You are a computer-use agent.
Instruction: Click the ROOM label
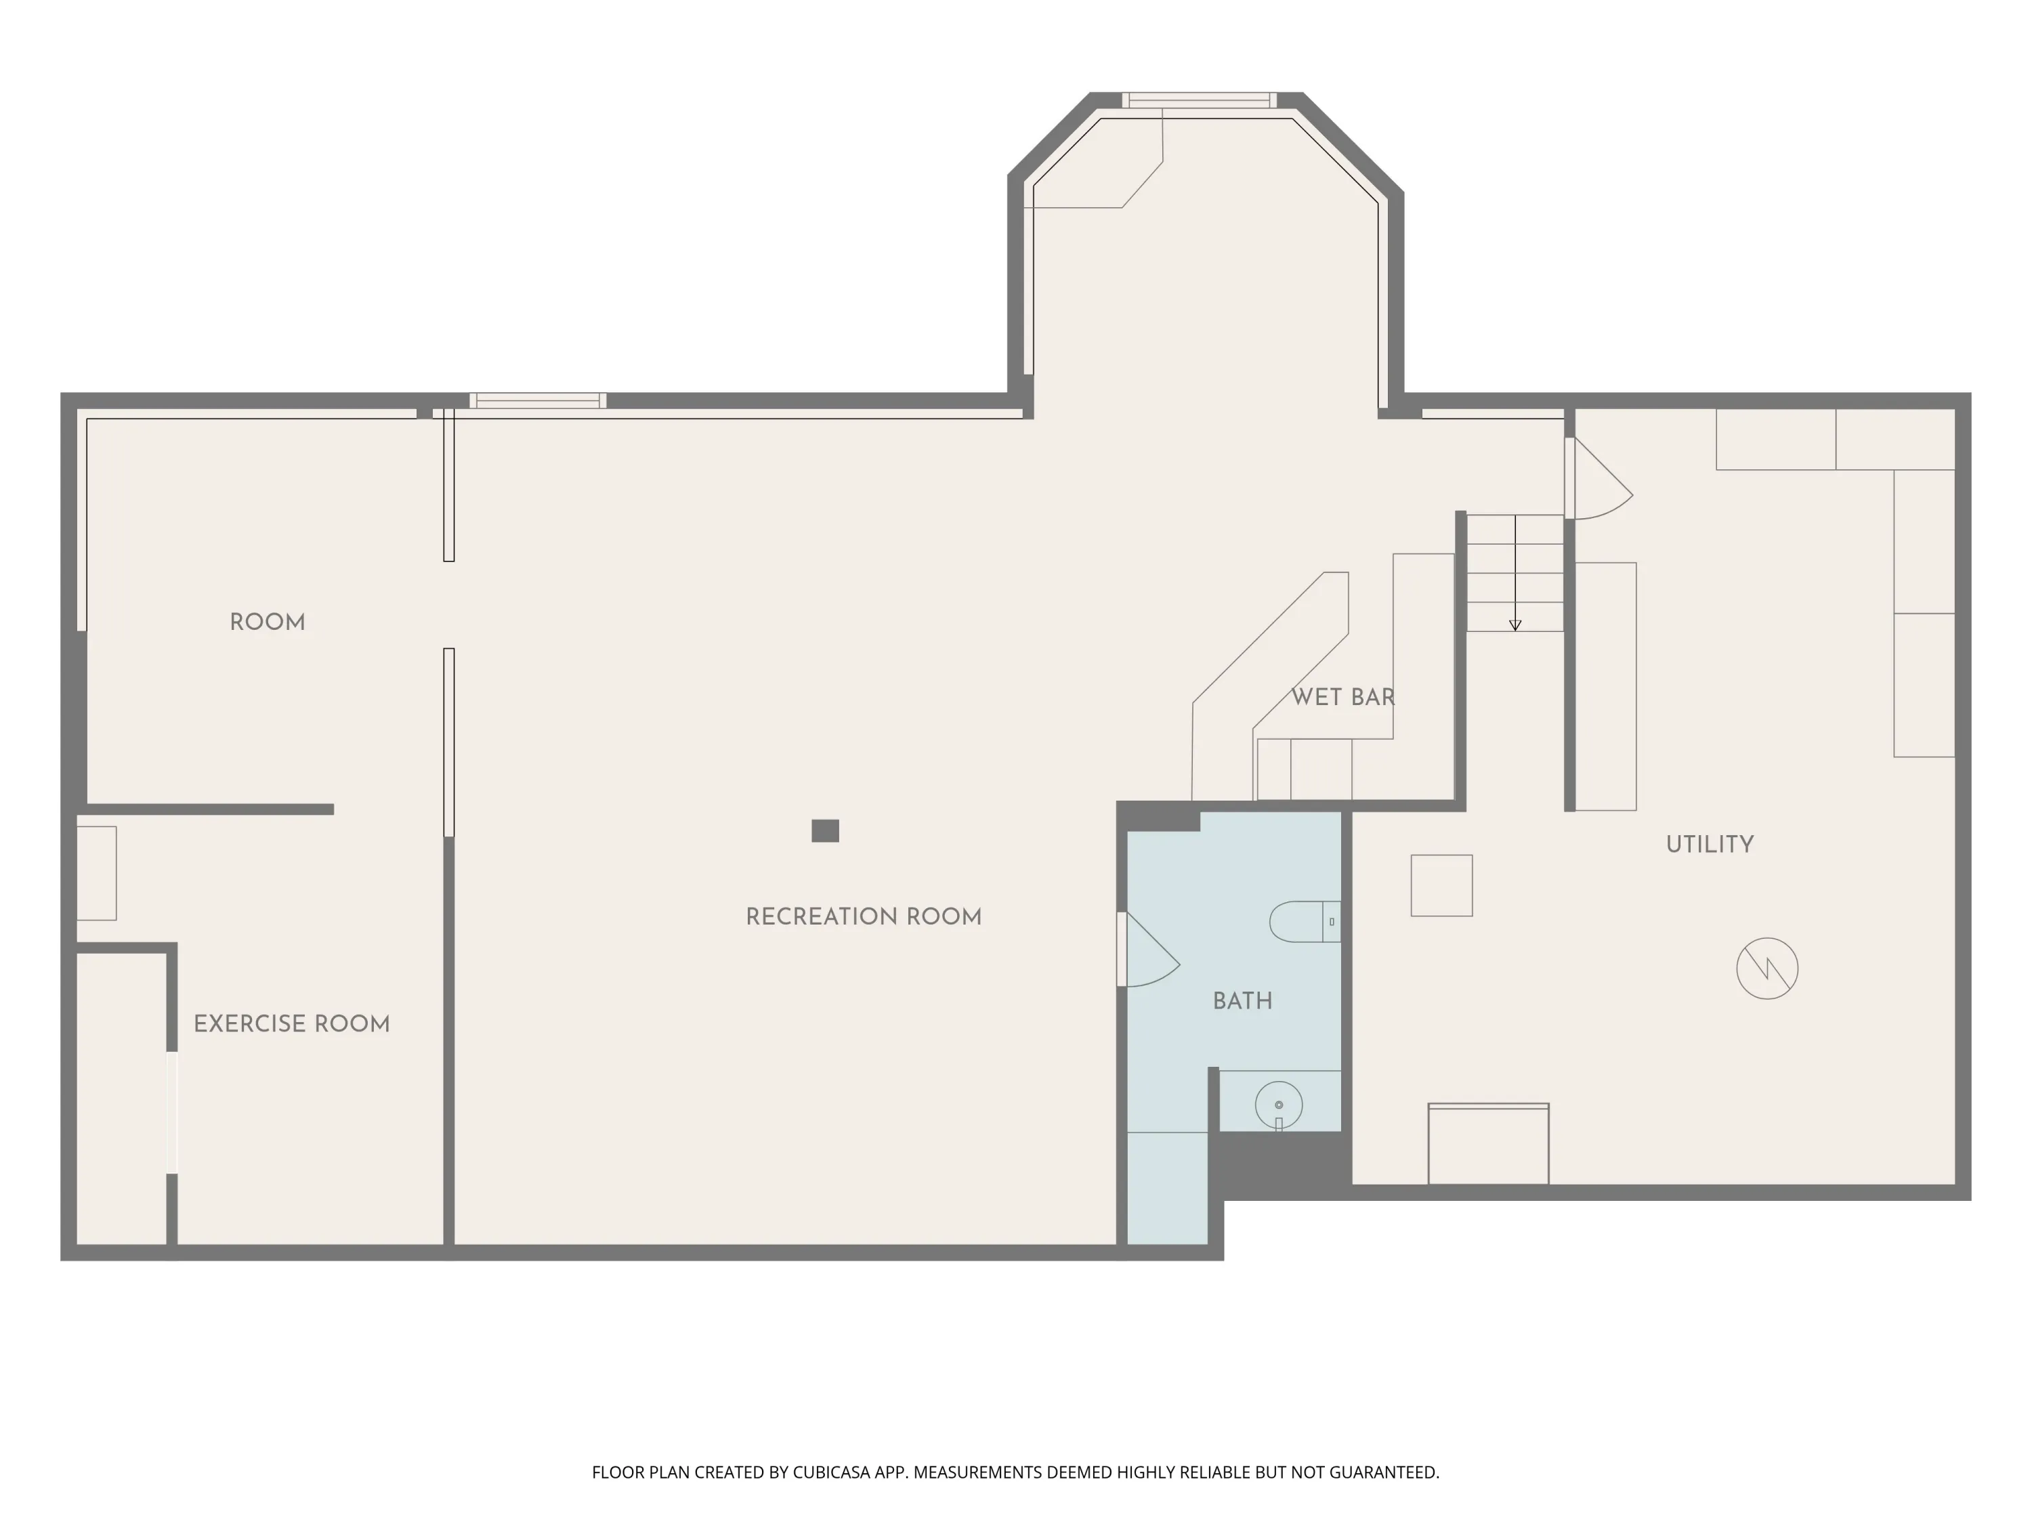pyautogui.click(x=268, y=623)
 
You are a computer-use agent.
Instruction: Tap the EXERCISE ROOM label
pyautogui.click(x=292, y=1024)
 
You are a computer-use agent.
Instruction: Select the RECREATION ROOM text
pyautogui.click(x=864, y=917)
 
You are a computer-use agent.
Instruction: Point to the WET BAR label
pyautogui.click(x=1343, y=697)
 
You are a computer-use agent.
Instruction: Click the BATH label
pyautogui.click(x=1243, y=1001)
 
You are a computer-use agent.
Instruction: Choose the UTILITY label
pyautogui.click(x=1710, y=844)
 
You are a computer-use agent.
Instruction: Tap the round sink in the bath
pyautogui.click(x=1279, y=1105)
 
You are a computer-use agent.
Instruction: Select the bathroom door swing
pyautogui.click(x=1150, y=950)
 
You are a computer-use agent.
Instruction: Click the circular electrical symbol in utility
pyautogui.click(x=1767, y=968)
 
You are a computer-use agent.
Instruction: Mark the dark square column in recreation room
pyautogui.click(x=825, y=830)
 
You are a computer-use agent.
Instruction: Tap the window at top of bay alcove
pyautogui.click(x=1199, y=100)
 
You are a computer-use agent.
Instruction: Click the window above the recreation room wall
pyautogui.click(x=537, y=400)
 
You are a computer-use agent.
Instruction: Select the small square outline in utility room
pyautogui.click(x=1441, y=885)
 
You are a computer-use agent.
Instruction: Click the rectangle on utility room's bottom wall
pyautogui.click(x=1488, y=1144)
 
